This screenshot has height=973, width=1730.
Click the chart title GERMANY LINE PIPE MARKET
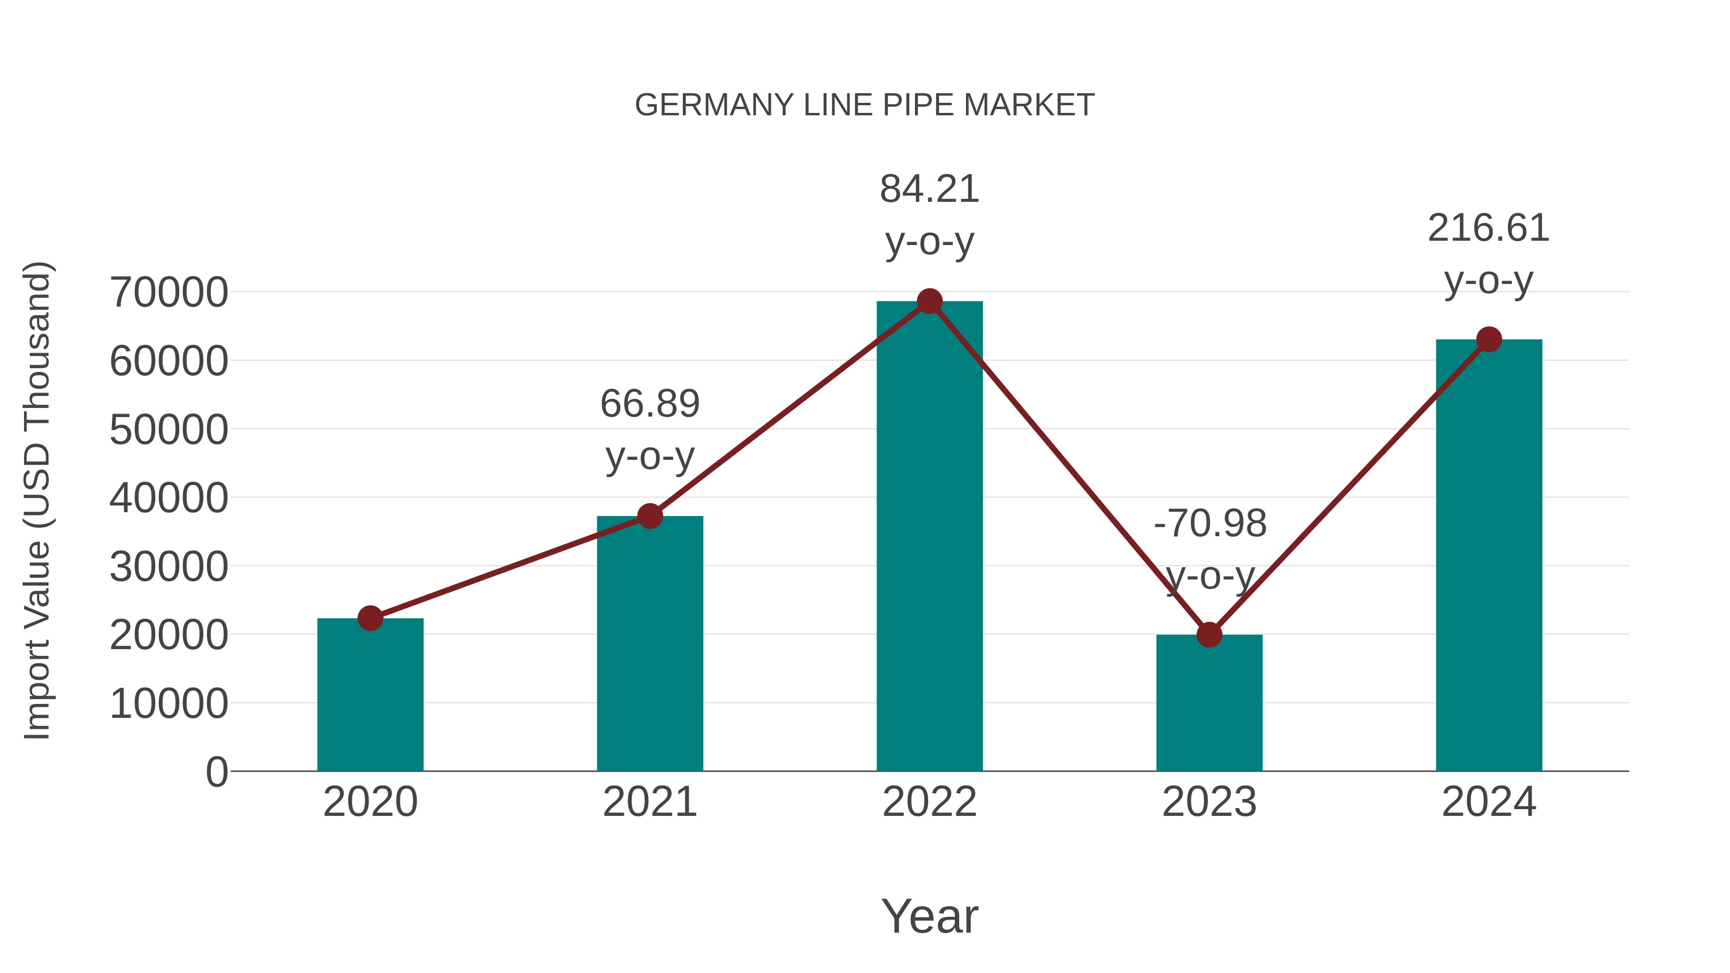click(x=865, y=105)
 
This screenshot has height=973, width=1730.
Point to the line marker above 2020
click(x=370, y=618)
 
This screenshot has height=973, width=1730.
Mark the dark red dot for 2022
click(x=929, y=301)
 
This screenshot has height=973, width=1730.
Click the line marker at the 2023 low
click(x=1209, y=635)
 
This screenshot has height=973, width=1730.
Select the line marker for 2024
click(x=1489, y=339)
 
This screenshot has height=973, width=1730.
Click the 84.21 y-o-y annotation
click(x=929, y=189)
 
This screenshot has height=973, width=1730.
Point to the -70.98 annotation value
click(x=1210, y=524)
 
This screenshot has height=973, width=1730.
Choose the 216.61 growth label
click(x=1488, y=228)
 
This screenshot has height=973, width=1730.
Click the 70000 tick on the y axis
click(x=169, y=293)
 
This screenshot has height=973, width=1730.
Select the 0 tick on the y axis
click(x=216, y=772)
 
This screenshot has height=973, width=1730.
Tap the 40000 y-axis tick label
click(x=169, y=498)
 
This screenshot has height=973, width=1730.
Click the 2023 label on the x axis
click(x=1209, y=802)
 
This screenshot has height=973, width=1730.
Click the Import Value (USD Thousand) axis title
click(x=37, y=500)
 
